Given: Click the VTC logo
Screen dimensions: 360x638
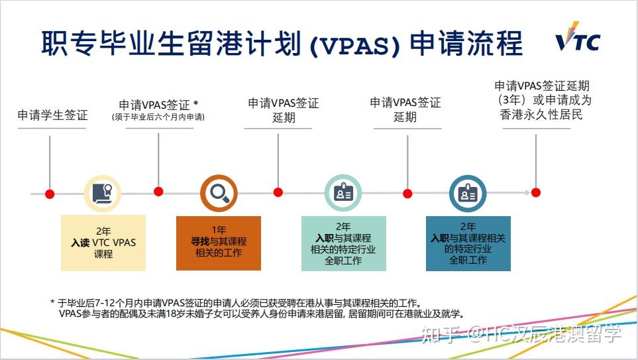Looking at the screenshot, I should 578,41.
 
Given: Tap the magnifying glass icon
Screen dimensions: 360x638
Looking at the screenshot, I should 219,193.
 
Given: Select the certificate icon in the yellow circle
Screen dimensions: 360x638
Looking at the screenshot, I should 102,193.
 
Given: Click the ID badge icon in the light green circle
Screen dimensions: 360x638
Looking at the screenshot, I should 343,193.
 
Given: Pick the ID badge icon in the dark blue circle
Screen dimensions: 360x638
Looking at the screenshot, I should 468,193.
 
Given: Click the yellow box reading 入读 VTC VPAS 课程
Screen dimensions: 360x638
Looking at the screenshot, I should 103,243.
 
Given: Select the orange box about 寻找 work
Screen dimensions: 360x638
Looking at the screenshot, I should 219,243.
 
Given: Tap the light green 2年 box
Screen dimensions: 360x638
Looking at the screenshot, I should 343,243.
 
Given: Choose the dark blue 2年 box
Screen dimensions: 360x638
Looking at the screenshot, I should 468,243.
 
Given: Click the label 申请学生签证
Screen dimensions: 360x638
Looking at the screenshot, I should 52,115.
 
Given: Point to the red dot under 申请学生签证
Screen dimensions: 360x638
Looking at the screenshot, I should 50,193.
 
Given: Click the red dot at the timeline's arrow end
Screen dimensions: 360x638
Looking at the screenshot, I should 535,192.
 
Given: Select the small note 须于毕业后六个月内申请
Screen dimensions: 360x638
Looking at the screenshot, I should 158,117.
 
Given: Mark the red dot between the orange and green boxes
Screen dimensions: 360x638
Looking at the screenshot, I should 278,192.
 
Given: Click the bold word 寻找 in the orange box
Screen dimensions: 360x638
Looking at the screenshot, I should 201,242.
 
